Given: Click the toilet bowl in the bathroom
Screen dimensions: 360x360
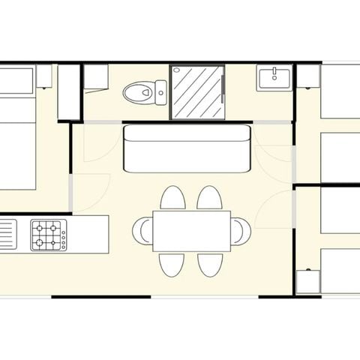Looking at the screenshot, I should pos(138,94).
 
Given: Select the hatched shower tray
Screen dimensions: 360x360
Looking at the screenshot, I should pos(198,91).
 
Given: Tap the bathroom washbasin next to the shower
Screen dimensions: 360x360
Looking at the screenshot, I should pos(274,78).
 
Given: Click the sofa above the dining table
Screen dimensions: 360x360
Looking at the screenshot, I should pos(186,148).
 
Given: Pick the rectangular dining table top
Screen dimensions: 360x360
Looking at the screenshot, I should pos(191,231).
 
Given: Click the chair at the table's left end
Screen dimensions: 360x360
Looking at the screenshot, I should pos(143,230).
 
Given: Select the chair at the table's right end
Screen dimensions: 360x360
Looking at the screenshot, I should pos(241,230).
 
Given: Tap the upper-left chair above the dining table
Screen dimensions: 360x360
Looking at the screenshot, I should pos(173,199).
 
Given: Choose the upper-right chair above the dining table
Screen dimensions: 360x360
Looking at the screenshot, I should pos(209,199).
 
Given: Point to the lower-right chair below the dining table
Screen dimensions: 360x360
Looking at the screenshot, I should pos(209,264).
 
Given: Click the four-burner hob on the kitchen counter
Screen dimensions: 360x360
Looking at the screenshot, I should pos(46,235).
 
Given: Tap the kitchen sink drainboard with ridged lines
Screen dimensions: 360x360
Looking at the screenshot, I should pos(7,235).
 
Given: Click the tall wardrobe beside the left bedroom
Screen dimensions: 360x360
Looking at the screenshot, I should pos(69,92).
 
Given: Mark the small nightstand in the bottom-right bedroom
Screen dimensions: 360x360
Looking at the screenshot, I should pos(307,280).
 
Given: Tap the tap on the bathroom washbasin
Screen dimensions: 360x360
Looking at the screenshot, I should pos(274,71).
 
